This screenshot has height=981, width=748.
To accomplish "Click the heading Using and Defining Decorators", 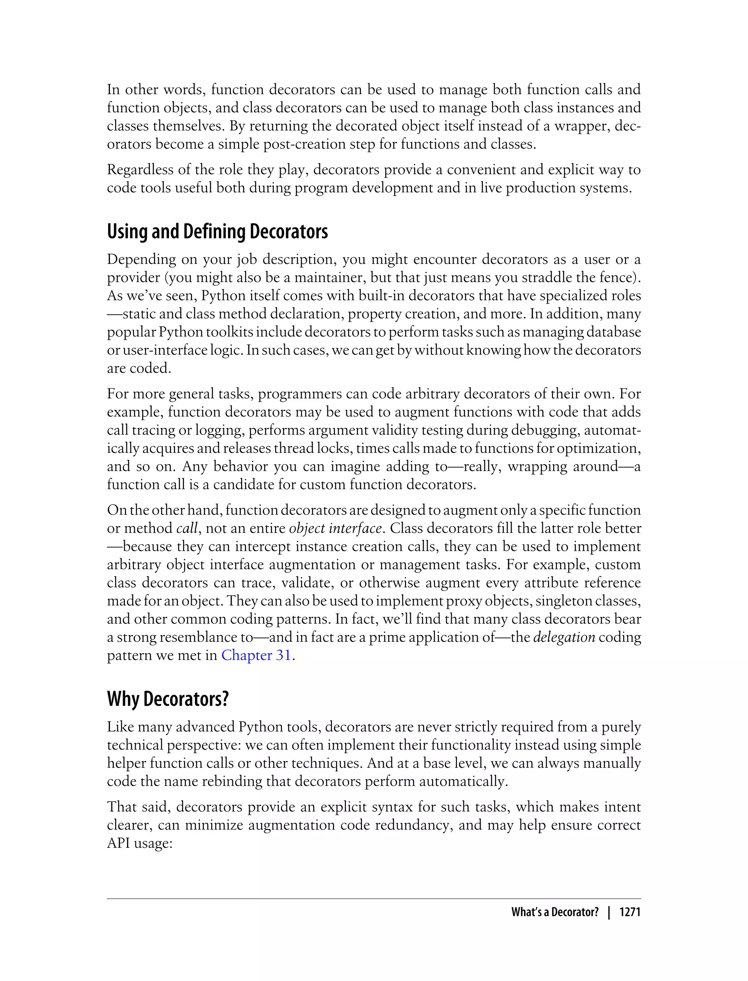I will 217,232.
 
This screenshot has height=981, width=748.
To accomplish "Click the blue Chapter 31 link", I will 256,655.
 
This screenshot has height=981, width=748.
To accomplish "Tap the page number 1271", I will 630,912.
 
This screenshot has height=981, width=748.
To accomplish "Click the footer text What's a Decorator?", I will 555,912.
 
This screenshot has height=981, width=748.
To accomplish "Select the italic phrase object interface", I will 335,528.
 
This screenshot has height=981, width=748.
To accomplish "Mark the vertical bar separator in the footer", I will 608,912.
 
